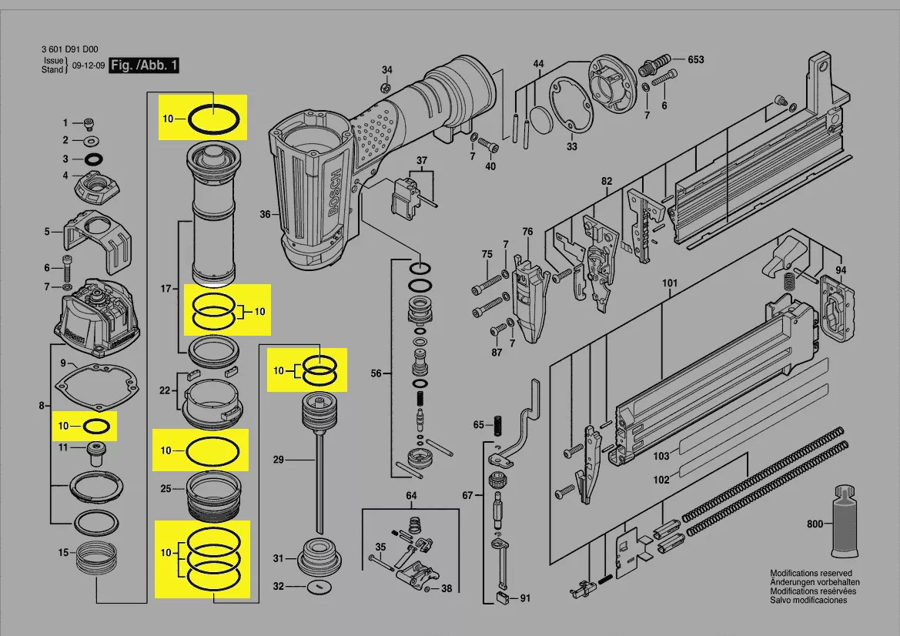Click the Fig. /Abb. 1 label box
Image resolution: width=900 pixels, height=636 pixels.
pyautogui.click(x=144, y=65)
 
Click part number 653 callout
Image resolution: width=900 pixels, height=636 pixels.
pyautogui.click(x=695, y=60)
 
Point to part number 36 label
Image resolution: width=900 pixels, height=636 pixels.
pyautogui.click(x=265, y=215)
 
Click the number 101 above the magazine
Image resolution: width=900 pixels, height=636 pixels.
pyautogui.click(x=669, y=283)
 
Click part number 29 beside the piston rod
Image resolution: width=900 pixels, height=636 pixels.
pyautogui.click(x=278, y=460)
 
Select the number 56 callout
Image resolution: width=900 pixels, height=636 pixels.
pyautogui.click(x=376, y=374)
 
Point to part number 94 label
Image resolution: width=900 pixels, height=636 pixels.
pyautogui.click(x=841, y=270)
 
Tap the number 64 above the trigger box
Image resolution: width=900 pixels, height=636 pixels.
pyautogui.click(x=411, y=496)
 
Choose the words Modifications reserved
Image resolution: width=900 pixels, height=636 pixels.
pyautogui.click(x=811, y=574)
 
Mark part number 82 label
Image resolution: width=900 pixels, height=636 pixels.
pyautogui.click(x=607, y=182)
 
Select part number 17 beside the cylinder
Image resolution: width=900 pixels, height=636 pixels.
pyautogui.click(x=165, y=289)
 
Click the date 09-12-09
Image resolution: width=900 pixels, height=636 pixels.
pyautogui.click(x=87, y=66)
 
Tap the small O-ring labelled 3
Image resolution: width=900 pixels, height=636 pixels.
pyautogui.click(x=93, y=159)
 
